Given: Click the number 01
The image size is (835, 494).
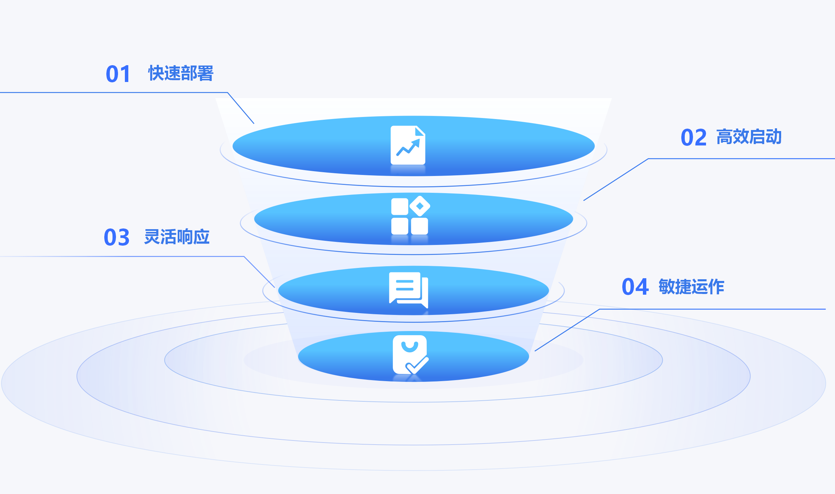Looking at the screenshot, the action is pos(118,74).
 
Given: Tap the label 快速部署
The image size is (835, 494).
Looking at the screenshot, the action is pos(181,73).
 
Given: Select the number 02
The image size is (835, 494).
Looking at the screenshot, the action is pos(694,138).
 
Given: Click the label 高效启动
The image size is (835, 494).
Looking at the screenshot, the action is pos(749,137).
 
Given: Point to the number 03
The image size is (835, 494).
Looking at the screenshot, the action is pos(117,237).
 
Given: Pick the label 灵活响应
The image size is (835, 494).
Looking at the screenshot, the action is pos(177,237).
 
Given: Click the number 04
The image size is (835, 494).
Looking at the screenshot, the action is pos(635,287).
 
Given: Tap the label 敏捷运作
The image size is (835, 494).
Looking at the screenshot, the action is pos(691,286).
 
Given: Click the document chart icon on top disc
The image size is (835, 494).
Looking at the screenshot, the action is pos(408,145).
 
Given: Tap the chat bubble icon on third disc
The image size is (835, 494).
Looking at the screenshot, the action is pos(409,290).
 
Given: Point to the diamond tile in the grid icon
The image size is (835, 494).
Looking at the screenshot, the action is pos(420,206).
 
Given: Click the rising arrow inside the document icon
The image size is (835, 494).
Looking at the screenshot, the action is pos(408,148).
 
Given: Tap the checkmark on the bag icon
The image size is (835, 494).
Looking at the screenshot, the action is pos(417,365).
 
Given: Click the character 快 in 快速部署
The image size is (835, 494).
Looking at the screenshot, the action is pos(156,73).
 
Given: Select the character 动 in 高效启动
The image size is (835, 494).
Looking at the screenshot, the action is pos(774,137).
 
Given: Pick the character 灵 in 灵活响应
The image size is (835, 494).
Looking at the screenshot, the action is pos(152,237).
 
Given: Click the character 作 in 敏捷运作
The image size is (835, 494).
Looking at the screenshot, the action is pos(716,286).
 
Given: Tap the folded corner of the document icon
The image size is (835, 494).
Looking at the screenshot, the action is pos(420,131).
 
